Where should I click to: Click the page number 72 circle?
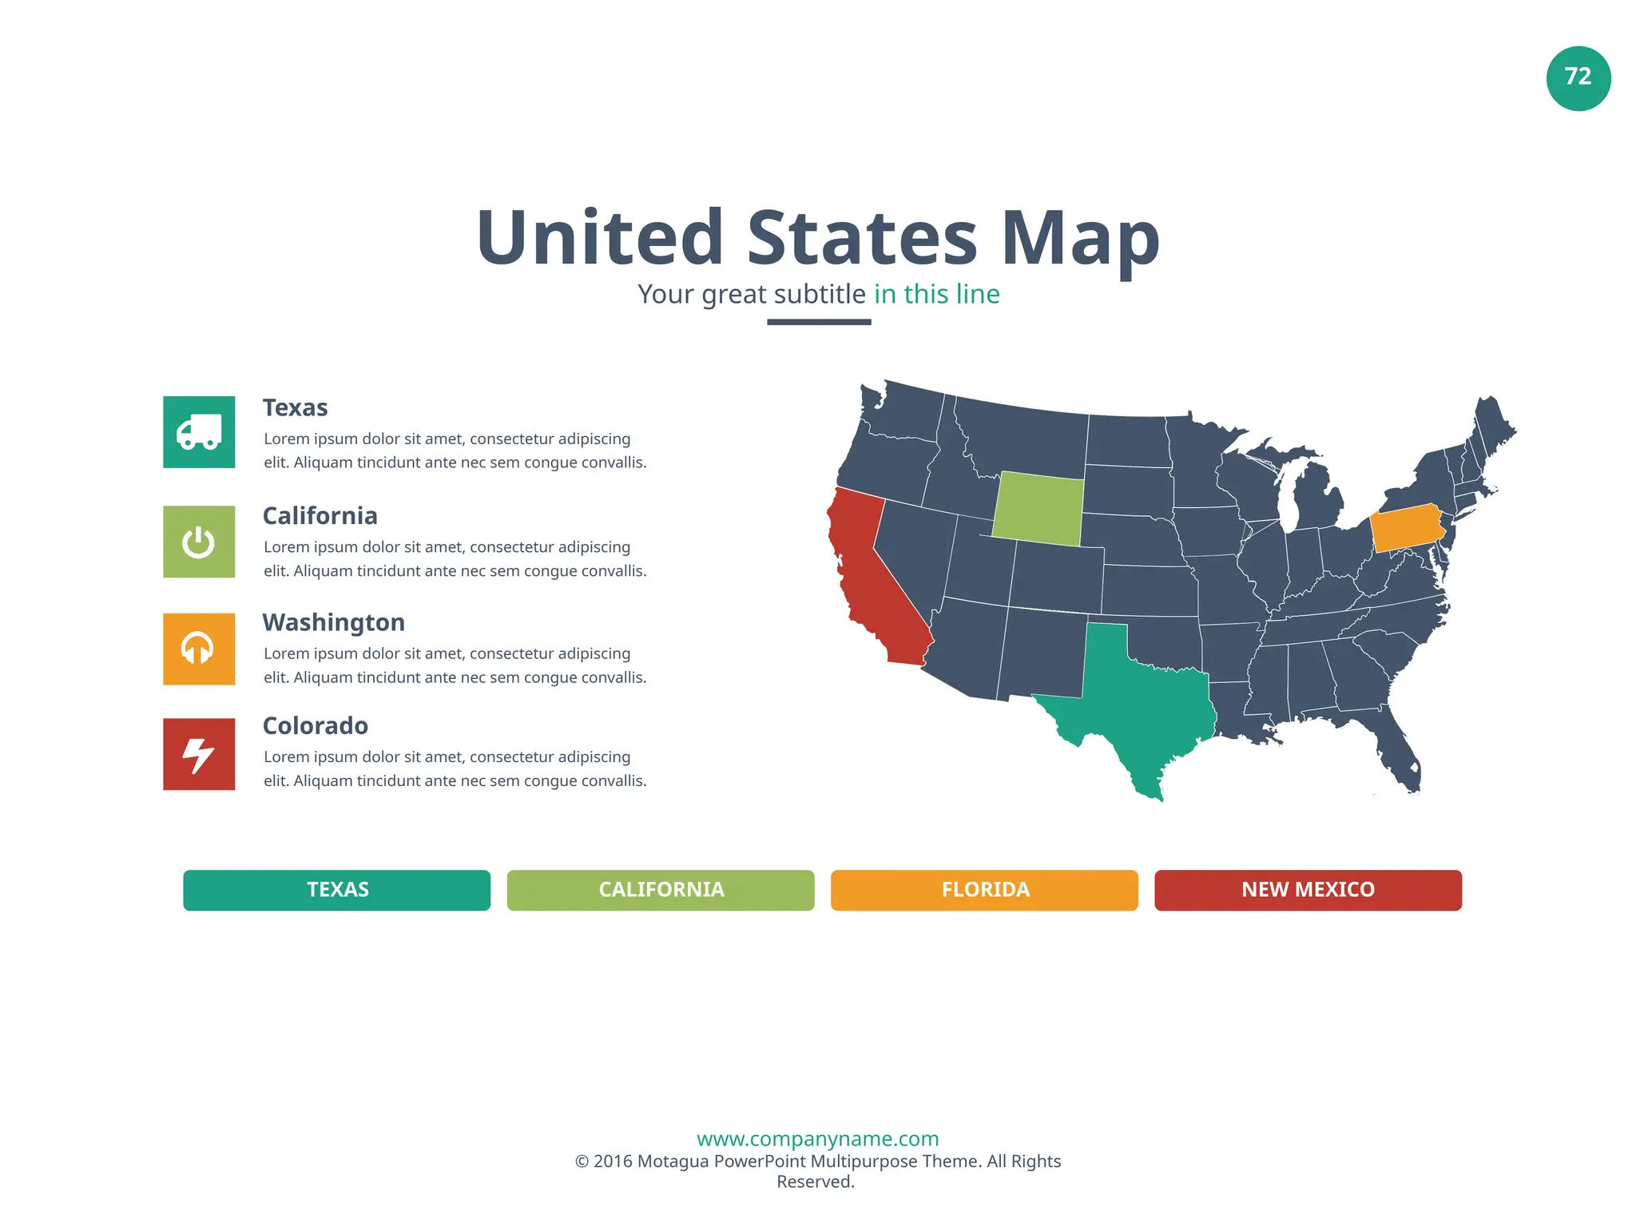1578,77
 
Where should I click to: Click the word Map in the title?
1079,237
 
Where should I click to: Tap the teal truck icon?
199,432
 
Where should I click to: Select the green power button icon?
199,542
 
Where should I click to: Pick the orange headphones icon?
199,649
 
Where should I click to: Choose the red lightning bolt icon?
199,754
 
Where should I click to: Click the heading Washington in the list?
333,622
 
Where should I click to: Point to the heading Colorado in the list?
315,725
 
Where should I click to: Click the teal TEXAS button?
336,890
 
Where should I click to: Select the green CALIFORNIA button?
661,890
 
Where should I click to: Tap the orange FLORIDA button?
984,890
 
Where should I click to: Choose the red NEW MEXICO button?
1308,890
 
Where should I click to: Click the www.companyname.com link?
817,1138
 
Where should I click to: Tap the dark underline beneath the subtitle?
819,322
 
